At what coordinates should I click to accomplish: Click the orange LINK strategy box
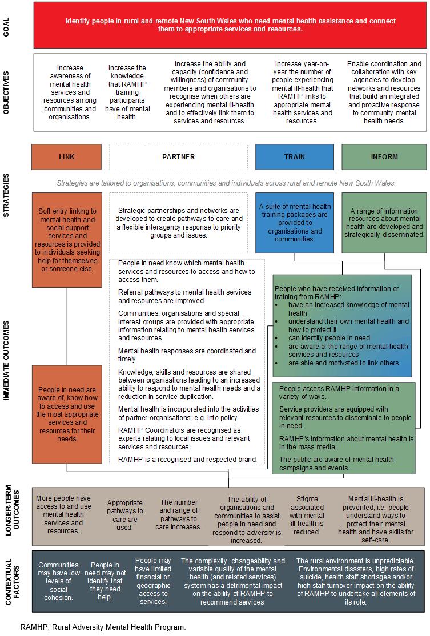coord(66,157)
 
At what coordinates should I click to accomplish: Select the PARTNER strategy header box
coord(178,157)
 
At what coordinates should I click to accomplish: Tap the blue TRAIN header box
coord(294,157)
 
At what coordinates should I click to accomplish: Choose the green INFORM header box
coord(383,157)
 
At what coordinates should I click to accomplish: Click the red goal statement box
coord(230,25)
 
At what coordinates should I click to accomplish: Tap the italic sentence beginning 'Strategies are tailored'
coord(226,183)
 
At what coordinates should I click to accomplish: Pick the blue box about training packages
coord(294,223)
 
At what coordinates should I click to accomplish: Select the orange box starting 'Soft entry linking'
coord(67,239)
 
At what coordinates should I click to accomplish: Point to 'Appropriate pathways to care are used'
coord(125,515)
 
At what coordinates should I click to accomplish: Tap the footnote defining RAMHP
coord(103,627)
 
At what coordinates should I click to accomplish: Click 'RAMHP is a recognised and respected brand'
coord(187,459)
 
